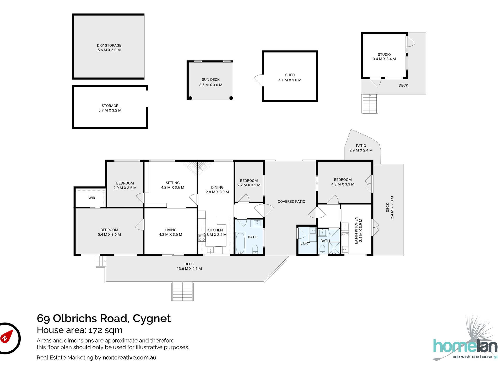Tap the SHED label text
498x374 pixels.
[x=290, y=75]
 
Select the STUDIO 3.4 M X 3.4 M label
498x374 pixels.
[x=384, y=57]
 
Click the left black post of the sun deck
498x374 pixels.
[x=190, y=98]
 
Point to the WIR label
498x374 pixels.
[x=92, y=198]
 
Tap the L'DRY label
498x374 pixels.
[x=305, y=243]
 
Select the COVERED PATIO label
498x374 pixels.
[x=291, y=202]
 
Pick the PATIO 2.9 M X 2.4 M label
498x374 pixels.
[x=361, y=148]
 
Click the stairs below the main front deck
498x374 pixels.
[x=183, y=291]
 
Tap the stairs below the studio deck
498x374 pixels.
[x=370, y=104]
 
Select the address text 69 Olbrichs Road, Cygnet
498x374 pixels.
[x=104, y=318]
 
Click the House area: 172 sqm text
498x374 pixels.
[x=80, y=330]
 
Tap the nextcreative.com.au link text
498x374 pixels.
[x=129, y=357]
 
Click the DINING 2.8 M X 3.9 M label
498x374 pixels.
[x=217, y=190]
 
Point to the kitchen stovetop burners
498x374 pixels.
[x=202, y=238]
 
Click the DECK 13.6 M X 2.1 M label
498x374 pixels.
[x=189, y=266]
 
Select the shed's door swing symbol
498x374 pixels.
[x=258, y=80]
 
